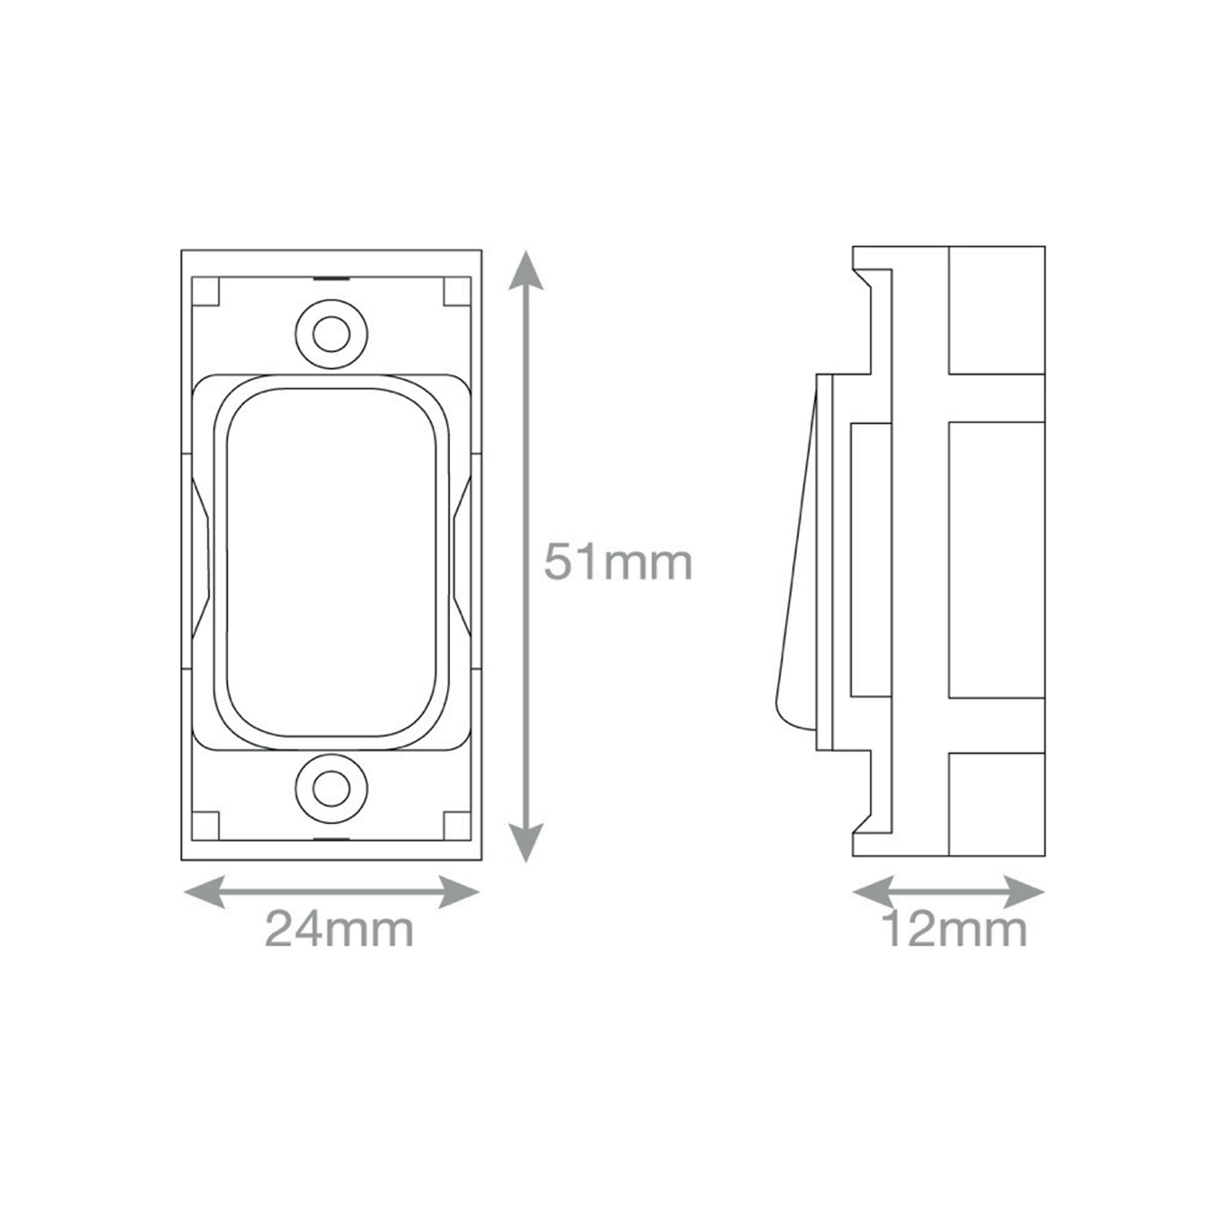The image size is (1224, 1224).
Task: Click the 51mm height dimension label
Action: point(618,562)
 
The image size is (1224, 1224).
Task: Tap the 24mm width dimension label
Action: point(339,929)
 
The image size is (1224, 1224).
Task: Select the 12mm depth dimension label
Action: point(955,929)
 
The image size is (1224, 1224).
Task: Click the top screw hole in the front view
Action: point(331,334)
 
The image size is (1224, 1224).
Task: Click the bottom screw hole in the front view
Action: point(331,789)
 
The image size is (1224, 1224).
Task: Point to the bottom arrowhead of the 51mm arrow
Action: point(525,841)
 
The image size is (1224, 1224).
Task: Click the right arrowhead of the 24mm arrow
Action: point(459,892)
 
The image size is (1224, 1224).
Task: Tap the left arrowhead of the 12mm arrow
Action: point(873,892)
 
